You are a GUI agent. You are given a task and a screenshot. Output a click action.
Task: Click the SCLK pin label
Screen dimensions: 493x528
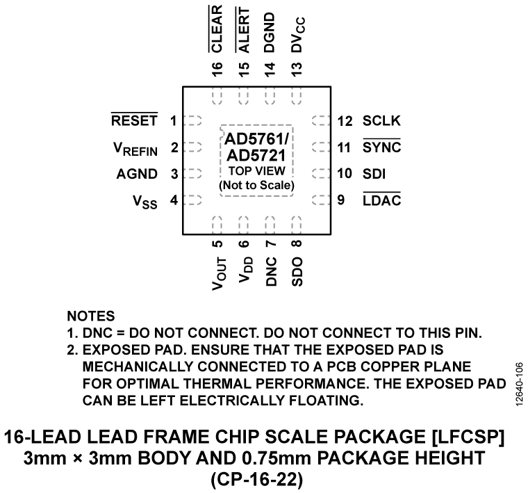point(381,120)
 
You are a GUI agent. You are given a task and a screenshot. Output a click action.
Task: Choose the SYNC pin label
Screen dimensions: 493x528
point(381,147)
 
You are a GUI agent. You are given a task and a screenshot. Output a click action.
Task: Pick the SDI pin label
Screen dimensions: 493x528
point(374,174)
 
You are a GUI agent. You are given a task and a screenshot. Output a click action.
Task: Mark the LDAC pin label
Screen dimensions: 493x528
point(381,201)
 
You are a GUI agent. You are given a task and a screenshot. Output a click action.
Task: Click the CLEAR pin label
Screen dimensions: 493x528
point(217,29)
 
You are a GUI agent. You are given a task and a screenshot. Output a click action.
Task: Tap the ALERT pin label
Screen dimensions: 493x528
point(244,29)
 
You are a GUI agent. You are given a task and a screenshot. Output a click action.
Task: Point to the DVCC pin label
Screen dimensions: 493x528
point(298,33)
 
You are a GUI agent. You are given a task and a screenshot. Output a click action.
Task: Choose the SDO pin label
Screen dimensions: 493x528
point(297,271)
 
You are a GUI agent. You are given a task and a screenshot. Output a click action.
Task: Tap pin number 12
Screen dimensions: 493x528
point(345,120)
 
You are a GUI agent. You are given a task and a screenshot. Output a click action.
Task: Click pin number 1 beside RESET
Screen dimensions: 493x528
point(173,120)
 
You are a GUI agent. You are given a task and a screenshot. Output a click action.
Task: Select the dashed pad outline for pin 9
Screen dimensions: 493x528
point(320,201)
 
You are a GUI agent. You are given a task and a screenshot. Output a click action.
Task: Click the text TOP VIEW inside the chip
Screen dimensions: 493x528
point(257,171)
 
